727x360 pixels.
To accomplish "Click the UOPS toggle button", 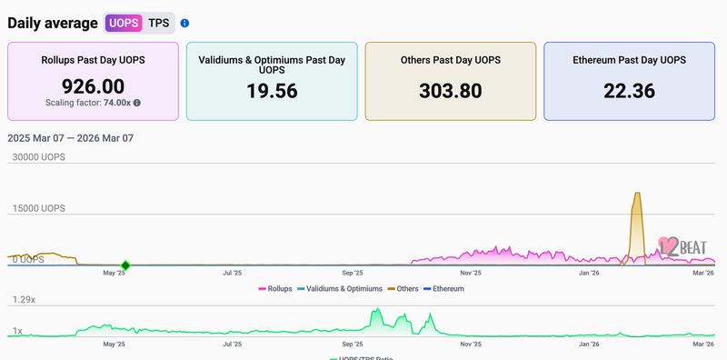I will coord(124,23).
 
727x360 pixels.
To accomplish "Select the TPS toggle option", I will coord(159,23).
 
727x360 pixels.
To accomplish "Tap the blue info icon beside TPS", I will coord(184,23).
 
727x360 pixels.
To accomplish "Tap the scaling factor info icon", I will coord(137,104).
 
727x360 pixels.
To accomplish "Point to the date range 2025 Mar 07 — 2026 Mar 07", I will coord(71,138).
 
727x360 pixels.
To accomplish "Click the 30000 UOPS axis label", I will coord(38,157).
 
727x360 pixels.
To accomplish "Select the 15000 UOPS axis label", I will coord(38,208).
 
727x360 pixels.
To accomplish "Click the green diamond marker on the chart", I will coord(125,265).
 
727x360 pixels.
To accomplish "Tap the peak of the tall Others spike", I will coord(637,195).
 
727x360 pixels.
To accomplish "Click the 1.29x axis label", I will coord(23,299).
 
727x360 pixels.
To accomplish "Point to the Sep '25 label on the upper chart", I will coord(353,272).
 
